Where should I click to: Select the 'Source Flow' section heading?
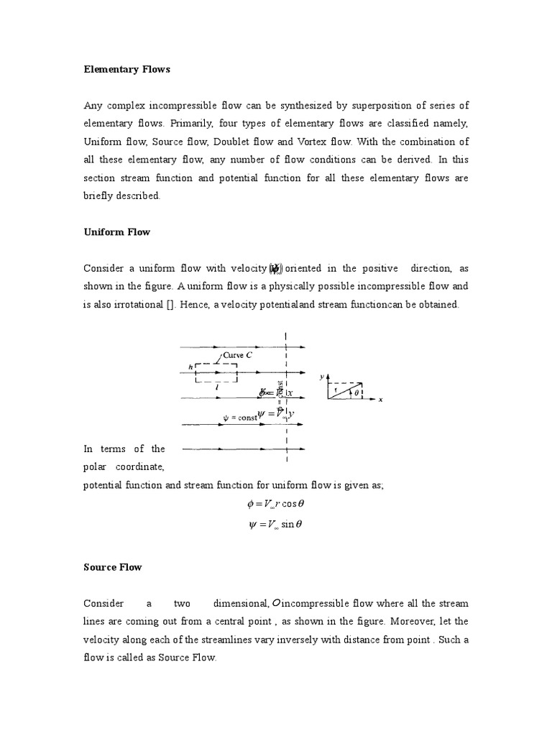(x=113, y=567)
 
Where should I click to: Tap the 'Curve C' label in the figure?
(x=236, y=354)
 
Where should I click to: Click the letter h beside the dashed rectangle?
(x=190, y=367)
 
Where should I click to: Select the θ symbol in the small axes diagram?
(x=356, y=392)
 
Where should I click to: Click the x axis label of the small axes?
(x=380, y=400)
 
